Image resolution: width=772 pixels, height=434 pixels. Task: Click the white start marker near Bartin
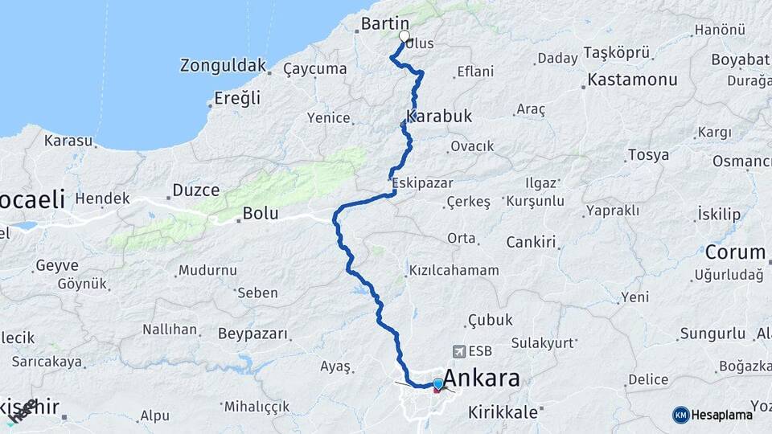tap(404, 35)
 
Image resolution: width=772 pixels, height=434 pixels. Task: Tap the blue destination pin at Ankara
tap(437, 385)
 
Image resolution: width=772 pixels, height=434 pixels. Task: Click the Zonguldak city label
tap(221, 65)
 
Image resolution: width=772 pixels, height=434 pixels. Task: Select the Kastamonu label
tap(632, 80)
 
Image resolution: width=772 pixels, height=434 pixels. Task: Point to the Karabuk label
tap(439, 117)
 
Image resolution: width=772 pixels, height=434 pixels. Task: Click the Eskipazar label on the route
tap(423, 183)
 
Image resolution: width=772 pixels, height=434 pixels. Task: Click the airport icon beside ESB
tap(459, 350)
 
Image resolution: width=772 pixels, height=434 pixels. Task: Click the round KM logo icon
tap(680, 415)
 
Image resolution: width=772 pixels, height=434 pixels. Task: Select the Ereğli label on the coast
tap(238, 98)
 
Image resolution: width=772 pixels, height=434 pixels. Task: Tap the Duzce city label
tap(195, 191)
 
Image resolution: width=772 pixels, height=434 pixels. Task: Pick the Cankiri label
tap(532, 242)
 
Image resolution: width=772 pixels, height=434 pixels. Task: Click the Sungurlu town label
tap(712, 333)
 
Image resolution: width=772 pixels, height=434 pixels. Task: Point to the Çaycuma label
tap(315, 69)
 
